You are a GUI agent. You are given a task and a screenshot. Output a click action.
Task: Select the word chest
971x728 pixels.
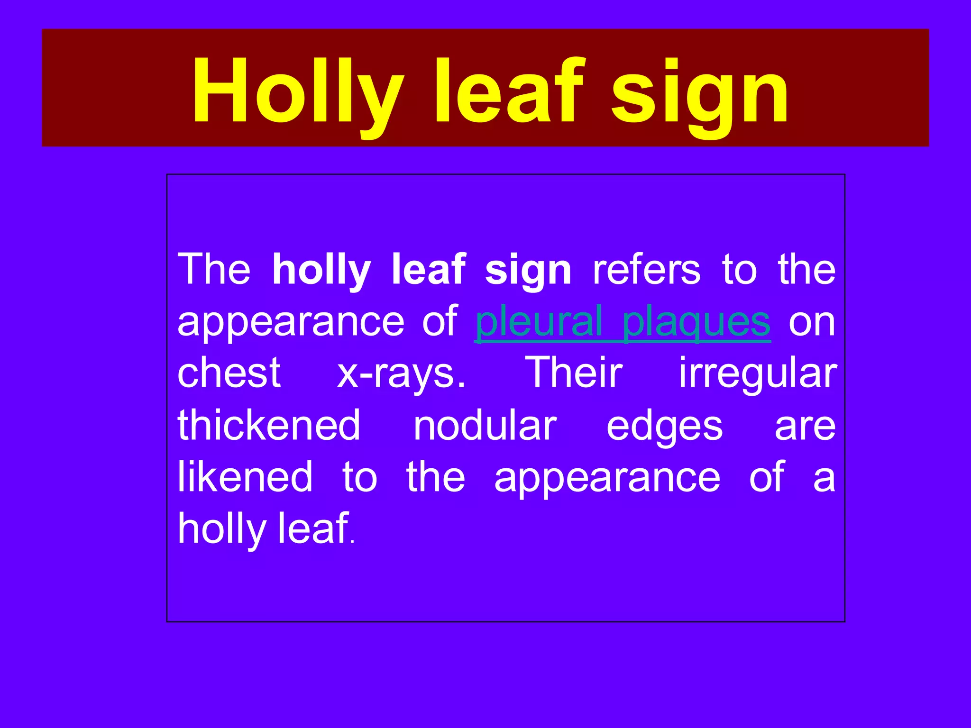pos(229,373)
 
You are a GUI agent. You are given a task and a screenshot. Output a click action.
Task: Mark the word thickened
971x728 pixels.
pos(269,425)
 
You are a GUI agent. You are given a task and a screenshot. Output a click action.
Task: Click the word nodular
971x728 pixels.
pos(485,426)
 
